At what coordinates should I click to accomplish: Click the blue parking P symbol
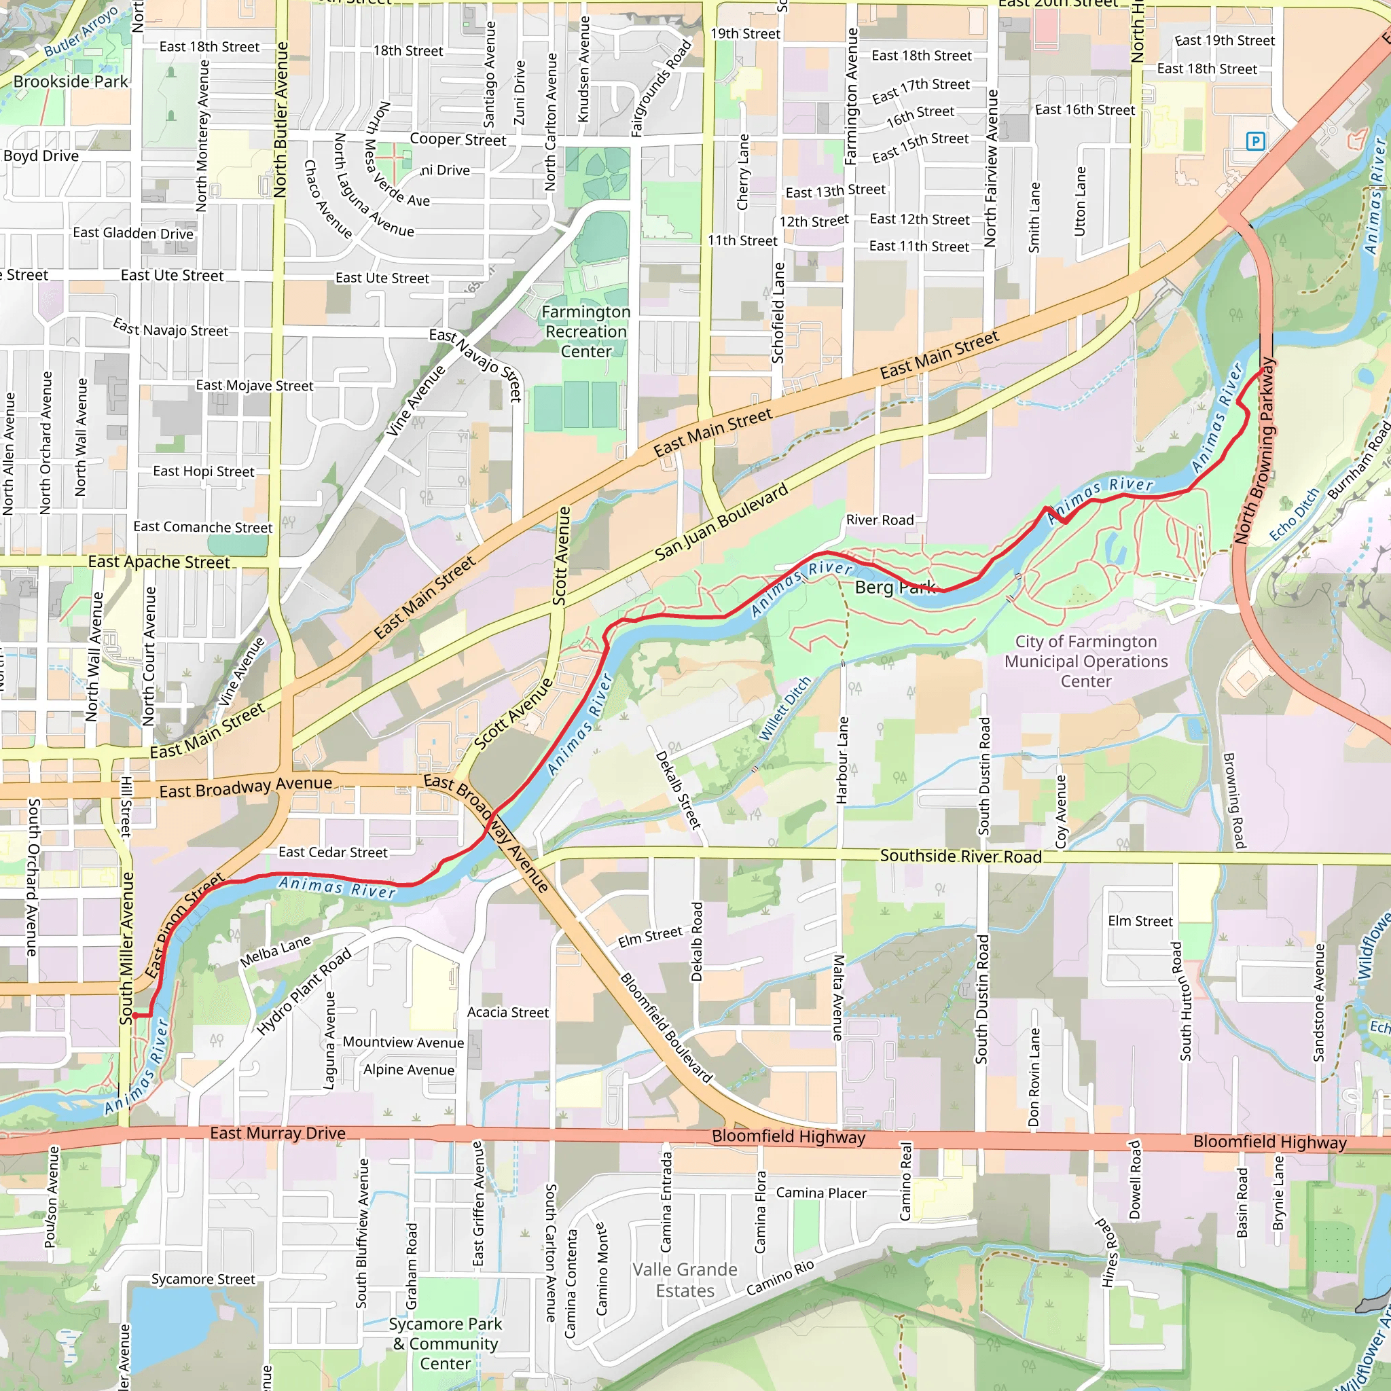click(1255, 141)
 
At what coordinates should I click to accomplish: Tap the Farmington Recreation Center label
click(585, 332)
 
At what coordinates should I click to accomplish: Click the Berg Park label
click(895, 588)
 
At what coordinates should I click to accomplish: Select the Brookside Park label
click(71, 82)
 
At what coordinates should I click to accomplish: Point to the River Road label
click(879, 520)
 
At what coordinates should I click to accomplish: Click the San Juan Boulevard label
click(721, 524)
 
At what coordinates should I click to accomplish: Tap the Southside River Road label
click(960, 856)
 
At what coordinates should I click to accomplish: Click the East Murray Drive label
click(277, 1134)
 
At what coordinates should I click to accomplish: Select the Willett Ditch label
click(784, 709)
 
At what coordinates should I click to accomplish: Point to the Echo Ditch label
click(1294, 514)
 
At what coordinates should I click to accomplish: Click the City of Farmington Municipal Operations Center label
click(1086, 661)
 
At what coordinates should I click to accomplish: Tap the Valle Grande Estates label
click(685, 1280)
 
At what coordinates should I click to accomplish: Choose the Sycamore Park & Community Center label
click(445, 1343)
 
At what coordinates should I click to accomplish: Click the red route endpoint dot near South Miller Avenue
click(135, 1016)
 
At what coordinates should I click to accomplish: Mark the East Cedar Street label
click(333, 852)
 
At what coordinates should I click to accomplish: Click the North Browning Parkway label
click(1254, 451)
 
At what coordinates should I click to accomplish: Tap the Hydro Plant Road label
click(304, 992)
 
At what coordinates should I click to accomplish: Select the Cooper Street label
click(458, 140)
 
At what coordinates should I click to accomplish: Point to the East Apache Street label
click(158, 562)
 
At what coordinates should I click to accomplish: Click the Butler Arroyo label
click(81, 33)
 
